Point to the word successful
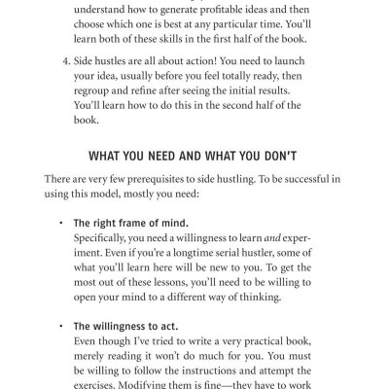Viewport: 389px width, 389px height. tap(293, 178)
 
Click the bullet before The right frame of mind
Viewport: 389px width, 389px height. tap(60, 223)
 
